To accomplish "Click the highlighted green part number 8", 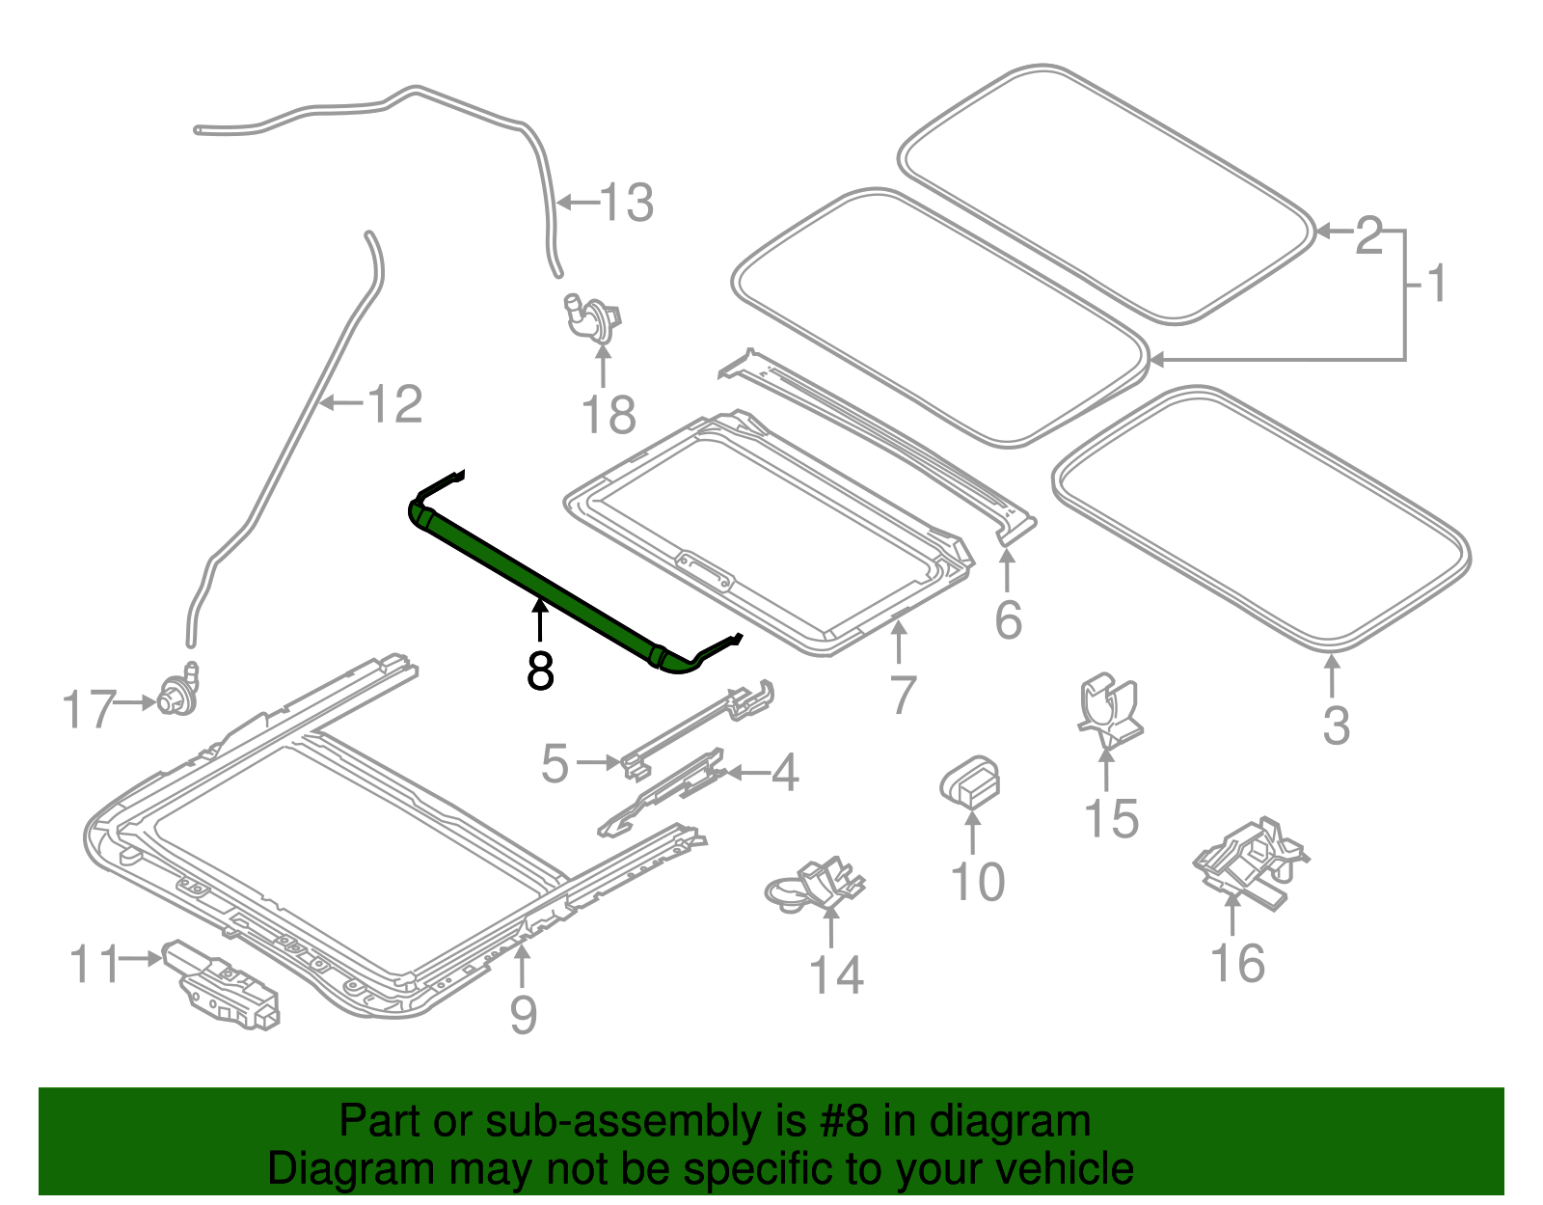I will tap(540, 579).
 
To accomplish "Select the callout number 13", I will tap(627, 204).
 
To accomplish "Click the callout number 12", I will tap(394, 404).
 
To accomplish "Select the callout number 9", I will tap(523, 1015).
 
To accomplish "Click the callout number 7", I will tap(902, 695).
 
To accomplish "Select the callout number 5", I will tap(555, 764).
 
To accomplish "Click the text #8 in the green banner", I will tap(847, 1122).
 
